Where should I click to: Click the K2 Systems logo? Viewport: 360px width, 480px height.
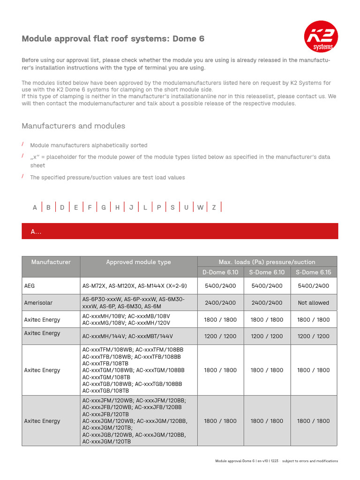click(x=321, y=39)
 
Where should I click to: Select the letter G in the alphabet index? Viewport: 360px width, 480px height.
click(x=104, y=207)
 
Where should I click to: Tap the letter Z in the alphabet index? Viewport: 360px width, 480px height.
click(x=214, y=207)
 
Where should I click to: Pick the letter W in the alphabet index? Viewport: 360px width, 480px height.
click(x=200, y=207)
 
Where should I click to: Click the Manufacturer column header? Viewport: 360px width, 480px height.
click(x=51, y=262)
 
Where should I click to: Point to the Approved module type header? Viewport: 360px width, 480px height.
click(x=138, y=262)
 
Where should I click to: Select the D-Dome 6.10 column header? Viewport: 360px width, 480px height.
click(x=220, y=272)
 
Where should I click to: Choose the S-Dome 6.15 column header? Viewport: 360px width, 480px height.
click(x=313, y=272)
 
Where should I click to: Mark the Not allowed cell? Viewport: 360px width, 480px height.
click(x=313, y=303)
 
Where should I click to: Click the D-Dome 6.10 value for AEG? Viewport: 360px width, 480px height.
click(x=220, y=286)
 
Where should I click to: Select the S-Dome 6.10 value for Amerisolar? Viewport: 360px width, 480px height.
click(x=267, y=303)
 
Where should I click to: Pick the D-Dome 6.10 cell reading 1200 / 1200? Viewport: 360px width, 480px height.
click(x=220, y=336)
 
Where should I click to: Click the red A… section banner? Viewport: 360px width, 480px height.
click(x=180, y=232)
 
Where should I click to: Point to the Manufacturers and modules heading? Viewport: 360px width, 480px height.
click(x=74, y=126)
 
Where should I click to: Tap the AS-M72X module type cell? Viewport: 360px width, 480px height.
click(x=138, y=286)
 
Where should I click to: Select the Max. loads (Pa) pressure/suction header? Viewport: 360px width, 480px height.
click(x=267, y=262)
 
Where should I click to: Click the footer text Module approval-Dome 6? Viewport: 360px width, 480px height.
click(x=235, y=461)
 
